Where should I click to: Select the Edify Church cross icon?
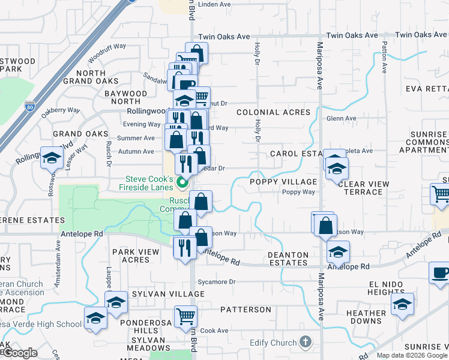coord(305,343)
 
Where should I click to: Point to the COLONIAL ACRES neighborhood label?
coord(273,112)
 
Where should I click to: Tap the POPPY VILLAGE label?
coord(283,182)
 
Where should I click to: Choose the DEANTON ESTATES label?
coord(288,259)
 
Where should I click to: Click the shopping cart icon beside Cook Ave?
coord(185,316)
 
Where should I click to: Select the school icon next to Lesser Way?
coord(52,158)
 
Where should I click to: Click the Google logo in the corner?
coord(19,353)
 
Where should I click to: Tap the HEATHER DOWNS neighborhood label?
coord(366,317)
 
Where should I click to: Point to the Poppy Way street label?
coord(299,192)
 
